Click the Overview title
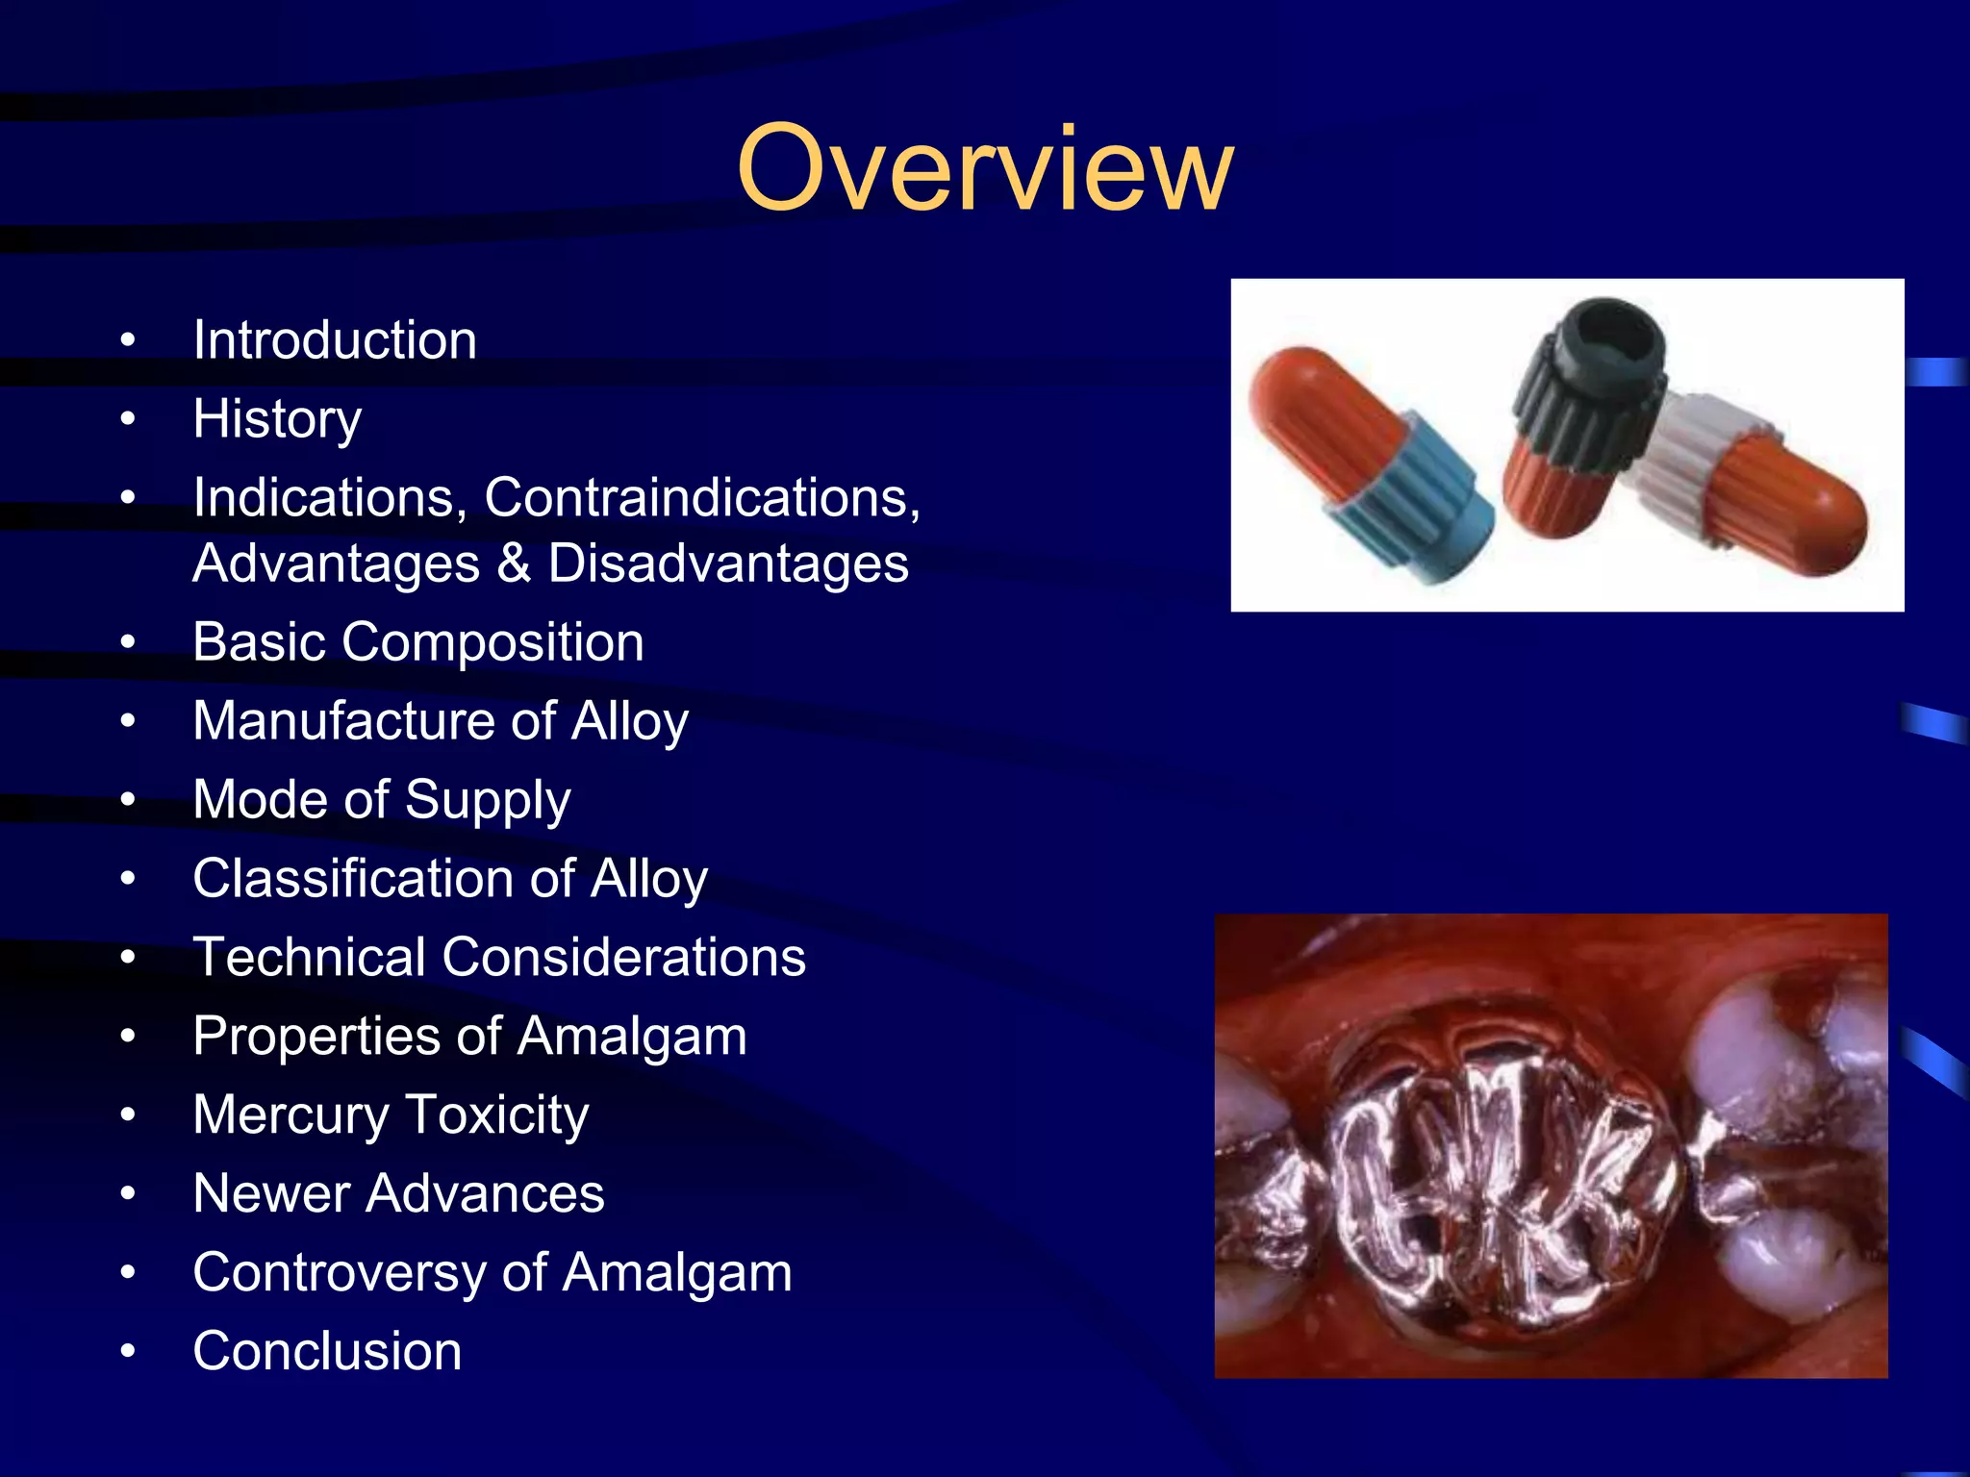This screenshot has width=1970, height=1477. (984, 169)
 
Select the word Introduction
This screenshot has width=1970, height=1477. (335, 340)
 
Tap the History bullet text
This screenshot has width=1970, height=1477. (277, 419)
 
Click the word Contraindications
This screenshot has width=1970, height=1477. (701, 498)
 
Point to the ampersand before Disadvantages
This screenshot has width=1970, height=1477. (514, 563)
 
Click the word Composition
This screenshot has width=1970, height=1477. (492, 642)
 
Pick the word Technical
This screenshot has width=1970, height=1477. (309, 958)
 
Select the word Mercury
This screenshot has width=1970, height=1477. (290, 1115)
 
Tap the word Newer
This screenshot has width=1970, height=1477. (270, 1194)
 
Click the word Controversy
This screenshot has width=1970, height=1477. (338, 1273)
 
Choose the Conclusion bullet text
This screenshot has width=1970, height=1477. (327, 1352)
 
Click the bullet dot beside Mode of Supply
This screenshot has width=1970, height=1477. (128, 801)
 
